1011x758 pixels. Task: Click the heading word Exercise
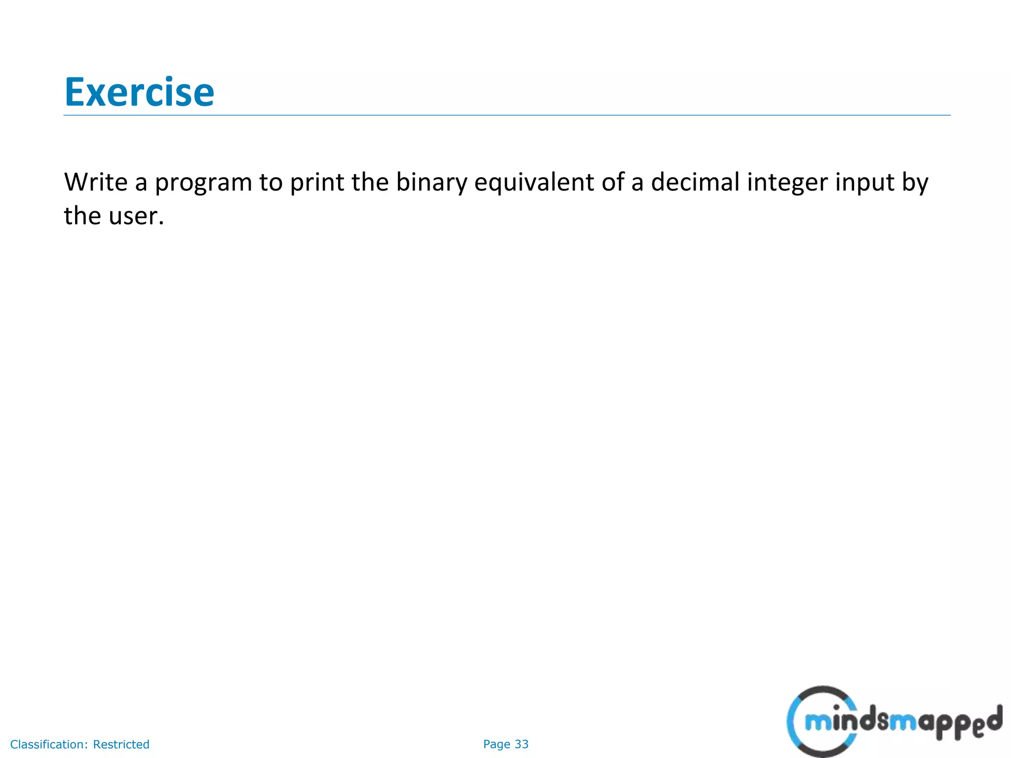point(139,92)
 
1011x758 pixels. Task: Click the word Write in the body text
point(96,182)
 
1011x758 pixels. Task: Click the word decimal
point(695,182)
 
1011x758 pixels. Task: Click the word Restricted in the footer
point(121,744)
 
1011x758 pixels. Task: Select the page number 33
point(521,744)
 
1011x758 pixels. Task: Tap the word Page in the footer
point(497,744)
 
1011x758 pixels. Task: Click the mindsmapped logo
point(894,722)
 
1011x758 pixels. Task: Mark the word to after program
point(271,183)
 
